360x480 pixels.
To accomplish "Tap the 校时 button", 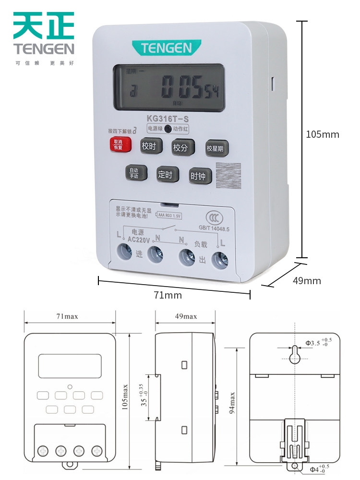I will tap(149, 146).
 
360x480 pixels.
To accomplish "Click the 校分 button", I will tap(182, 148).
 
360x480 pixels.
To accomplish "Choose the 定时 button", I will tap(165, 175).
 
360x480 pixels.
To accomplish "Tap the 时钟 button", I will tap(198, 176).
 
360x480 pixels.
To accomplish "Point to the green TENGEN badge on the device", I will tap(166, 48).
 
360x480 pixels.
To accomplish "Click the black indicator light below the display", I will tap(168, 129).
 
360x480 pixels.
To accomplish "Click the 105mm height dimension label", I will tap(323, 134).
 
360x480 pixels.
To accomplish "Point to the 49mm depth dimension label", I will tap(307, 281).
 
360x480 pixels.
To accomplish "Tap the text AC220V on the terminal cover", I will tap(139, 239).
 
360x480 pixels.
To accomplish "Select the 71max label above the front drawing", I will tap(67, 316).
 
